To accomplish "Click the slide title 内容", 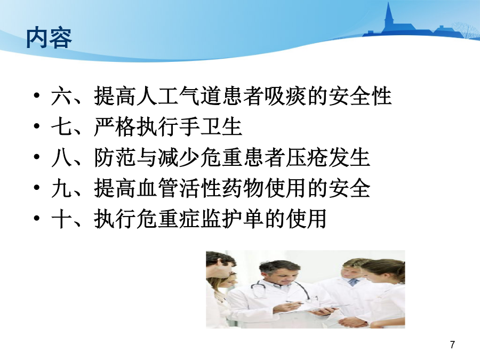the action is click(49, 38).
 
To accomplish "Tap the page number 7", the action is click(452, 345).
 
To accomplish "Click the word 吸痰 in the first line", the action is click(286, 96).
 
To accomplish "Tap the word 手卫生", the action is click(211, 127).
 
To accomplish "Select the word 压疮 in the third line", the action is click(307, 157).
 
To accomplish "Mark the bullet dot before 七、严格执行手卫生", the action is click(37, 126).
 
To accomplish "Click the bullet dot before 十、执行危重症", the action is click(37, 218).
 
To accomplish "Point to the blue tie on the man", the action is click(353, 282).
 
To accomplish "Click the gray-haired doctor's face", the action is click(280, 274).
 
